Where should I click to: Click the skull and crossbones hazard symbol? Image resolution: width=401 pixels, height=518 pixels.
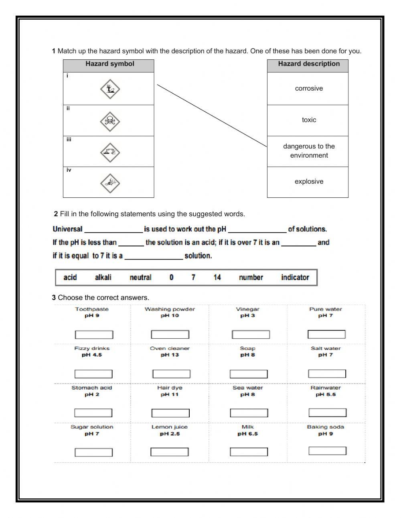110,121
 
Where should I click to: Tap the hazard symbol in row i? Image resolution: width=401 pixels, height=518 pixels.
110,89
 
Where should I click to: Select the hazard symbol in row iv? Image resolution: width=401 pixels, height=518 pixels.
110,183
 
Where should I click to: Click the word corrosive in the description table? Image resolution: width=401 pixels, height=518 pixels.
309,89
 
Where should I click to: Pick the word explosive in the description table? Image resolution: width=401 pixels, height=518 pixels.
309,182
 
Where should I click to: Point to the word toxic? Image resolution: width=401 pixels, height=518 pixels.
309,120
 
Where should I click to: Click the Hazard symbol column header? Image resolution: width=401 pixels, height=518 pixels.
109,64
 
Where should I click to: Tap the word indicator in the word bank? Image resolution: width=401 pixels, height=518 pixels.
295,277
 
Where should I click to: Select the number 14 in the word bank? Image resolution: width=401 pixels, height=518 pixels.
217,277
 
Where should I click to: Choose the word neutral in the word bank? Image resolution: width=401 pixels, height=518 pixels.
140,277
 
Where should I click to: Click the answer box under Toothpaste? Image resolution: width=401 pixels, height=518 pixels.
94,335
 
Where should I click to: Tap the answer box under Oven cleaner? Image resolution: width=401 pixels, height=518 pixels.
171,374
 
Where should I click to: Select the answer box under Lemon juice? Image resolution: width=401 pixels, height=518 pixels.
170,452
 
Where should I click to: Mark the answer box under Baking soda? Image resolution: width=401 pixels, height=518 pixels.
327,451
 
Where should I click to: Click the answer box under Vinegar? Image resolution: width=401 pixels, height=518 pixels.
251,335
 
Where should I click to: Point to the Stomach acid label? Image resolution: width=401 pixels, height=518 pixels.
92,388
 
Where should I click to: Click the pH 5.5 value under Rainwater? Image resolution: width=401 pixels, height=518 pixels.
326,395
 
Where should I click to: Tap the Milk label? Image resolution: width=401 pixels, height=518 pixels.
248,427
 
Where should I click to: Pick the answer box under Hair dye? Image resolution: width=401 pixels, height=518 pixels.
170,413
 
